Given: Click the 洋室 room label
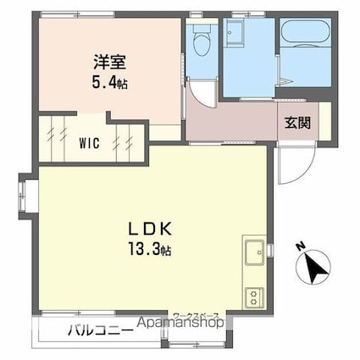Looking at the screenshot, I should (x=110, y=61).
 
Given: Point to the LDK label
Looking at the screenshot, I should (x=151, y=228).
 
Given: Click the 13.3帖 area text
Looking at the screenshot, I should (x=151, y=252).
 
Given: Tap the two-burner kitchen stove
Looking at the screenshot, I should (x=253, y=297).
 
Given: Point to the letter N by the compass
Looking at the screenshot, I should (x=299, y=247).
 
